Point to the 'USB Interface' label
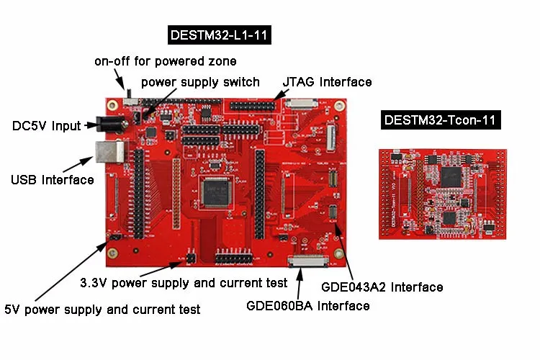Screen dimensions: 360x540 click(x=52, y=179)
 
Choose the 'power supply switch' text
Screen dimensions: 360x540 click(x=200, y=82)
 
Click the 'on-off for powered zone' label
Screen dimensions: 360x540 click(x=165, y=61)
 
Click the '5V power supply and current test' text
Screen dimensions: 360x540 click(x=102, y=310)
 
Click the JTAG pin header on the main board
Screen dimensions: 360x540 click(x=252, y=105)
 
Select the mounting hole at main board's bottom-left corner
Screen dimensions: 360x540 click(x=113, y=253)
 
